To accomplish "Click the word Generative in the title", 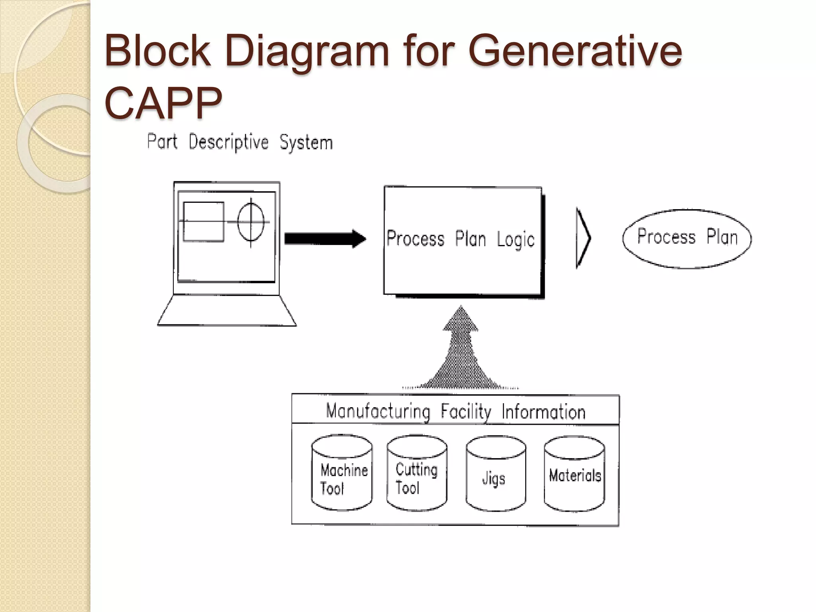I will [x=575, y=51].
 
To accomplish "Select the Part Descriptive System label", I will [x=240, y=143].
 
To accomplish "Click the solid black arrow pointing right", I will [x=325, y=239].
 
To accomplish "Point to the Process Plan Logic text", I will [x=460, y=239].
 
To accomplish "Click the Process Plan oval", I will [x=687, y=238].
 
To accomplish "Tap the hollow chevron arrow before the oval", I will [x=583, y=238].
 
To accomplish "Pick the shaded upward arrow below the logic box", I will [x=461, y=351].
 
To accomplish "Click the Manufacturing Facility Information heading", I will [x=455, y=411].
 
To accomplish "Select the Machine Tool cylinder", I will [x=342, y=473].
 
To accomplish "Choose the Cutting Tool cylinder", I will [x=417, y=473].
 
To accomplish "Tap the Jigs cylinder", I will [x=495, y=474].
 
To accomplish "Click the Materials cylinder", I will [x=574, y=474].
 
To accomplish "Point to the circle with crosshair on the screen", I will [x=251, y=222].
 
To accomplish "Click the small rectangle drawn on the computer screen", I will [x=203, y=222].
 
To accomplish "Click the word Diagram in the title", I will [x=306, y=51].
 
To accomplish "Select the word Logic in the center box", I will [x=515, y=240].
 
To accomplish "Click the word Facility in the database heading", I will [x=465, y=411].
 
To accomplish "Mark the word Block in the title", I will [x=157, y=51].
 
